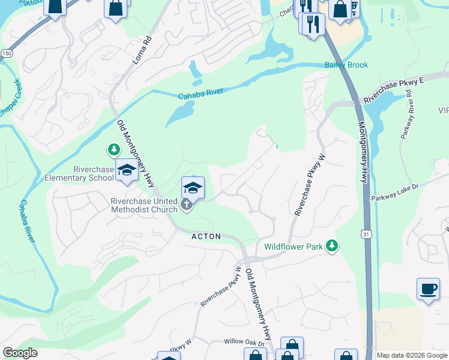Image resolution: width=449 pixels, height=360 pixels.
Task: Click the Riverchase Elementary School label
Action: (79, 173)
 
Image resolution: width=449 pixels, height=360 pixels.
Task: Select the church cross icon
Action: (187, 206)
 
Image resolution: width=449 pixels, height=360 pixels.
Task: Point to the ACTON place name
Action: (206, 237)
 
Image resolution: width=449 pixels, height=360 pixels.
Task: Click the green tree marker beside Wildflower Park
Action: (331, 245)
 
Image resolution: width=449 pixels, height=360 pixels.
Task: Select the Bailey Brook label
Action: (346, 65)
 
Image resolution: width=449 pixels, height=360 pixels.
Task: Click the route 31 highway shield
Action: (367, 233)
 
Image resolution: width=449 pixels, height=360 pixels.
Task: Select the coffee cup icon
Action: (428, 289)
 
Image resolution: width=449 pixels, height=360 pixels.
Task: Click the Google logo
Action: (20, 353)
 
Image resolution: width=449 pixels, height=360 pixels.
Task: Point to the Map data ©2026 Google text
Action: (412, 355)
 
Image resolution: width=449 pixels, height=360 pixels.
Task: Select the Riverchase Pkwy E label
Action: (394, 91)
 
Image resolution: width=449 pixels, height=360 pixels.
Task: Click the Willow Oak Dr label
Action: (244, 341)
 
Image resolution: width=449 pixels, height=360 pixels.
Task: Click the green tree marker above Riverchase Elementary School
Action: (113, 148)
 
